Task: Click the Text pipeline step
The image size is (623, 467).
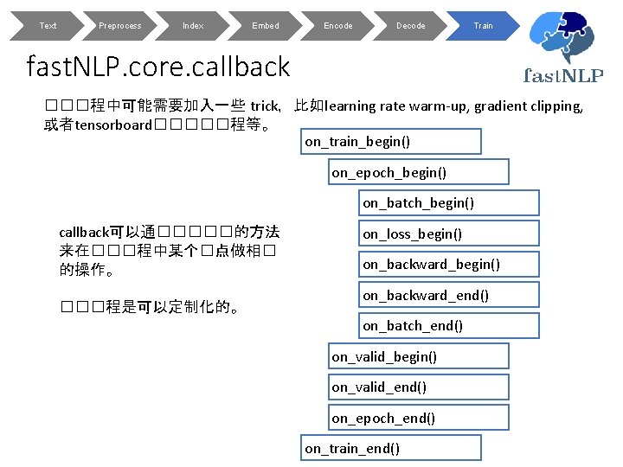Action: [x=48, y=26]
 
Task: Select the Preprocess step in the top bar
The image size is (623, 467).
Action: [x=120, y=26]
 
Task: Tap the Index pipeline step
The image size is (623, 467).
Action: [x=193, y=26]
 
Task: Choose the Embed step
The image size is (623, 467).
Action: [x=266, y=26]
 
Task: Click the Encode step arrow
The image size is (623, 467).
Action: [x=338, y=26]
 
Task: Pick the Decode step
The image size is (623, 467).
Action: [x=411, y=26]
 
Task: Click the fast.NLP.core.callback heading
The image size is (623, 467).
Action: [x=159, y=66]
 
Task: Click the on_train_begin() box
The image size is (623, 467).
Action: [x=391, y=141]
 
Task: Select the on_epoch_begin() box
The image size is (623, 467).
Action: [x=420, y=172]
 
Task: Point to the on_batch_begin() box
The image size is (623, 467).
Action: [x=449, y=203]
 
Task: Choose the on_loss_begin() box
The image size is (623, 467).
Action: [x=449, y=233]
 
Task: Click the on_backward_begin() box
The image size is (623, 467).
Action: [x=449, y=264]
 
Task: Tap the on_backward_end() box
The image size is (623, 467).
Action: [x=449, y=295]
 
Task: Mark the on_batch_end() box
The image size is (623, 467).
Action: [x=449, y=325]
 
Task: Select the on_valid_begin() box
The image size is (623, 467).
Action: [x=420, y=356]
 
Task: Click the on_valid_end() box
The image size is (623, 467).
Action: [x=420, y=387]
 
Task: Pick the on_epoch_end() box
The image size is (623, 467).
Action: [x=420, y=418]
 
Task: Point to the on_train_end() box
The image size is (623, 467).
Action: [x=391, y=448]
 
